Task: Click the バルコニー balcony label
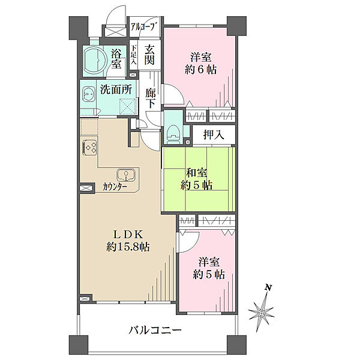click(155, 331)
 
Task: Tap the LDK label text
click(128, 235)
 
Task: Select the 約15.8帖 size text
click(128, 247)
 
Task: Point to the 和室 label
click(197, 173)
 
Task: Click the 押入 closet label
click(214, 135)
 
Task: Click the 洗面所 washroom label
click(116, 89)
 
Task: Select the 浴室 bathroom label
click(116, 59)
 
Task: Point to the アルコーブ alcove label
click(145, 27)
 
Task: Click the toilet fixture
click(173, 135)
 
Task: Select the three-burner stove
click(89, 148)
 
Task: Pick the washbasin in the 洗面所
click(88, 94)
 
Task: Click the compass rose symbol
click(261, 313)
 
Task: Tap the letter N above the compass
click(268, 287)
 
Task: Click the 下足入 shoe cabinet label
click(134, 55)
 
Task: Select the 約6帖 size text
click(201, 70)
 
